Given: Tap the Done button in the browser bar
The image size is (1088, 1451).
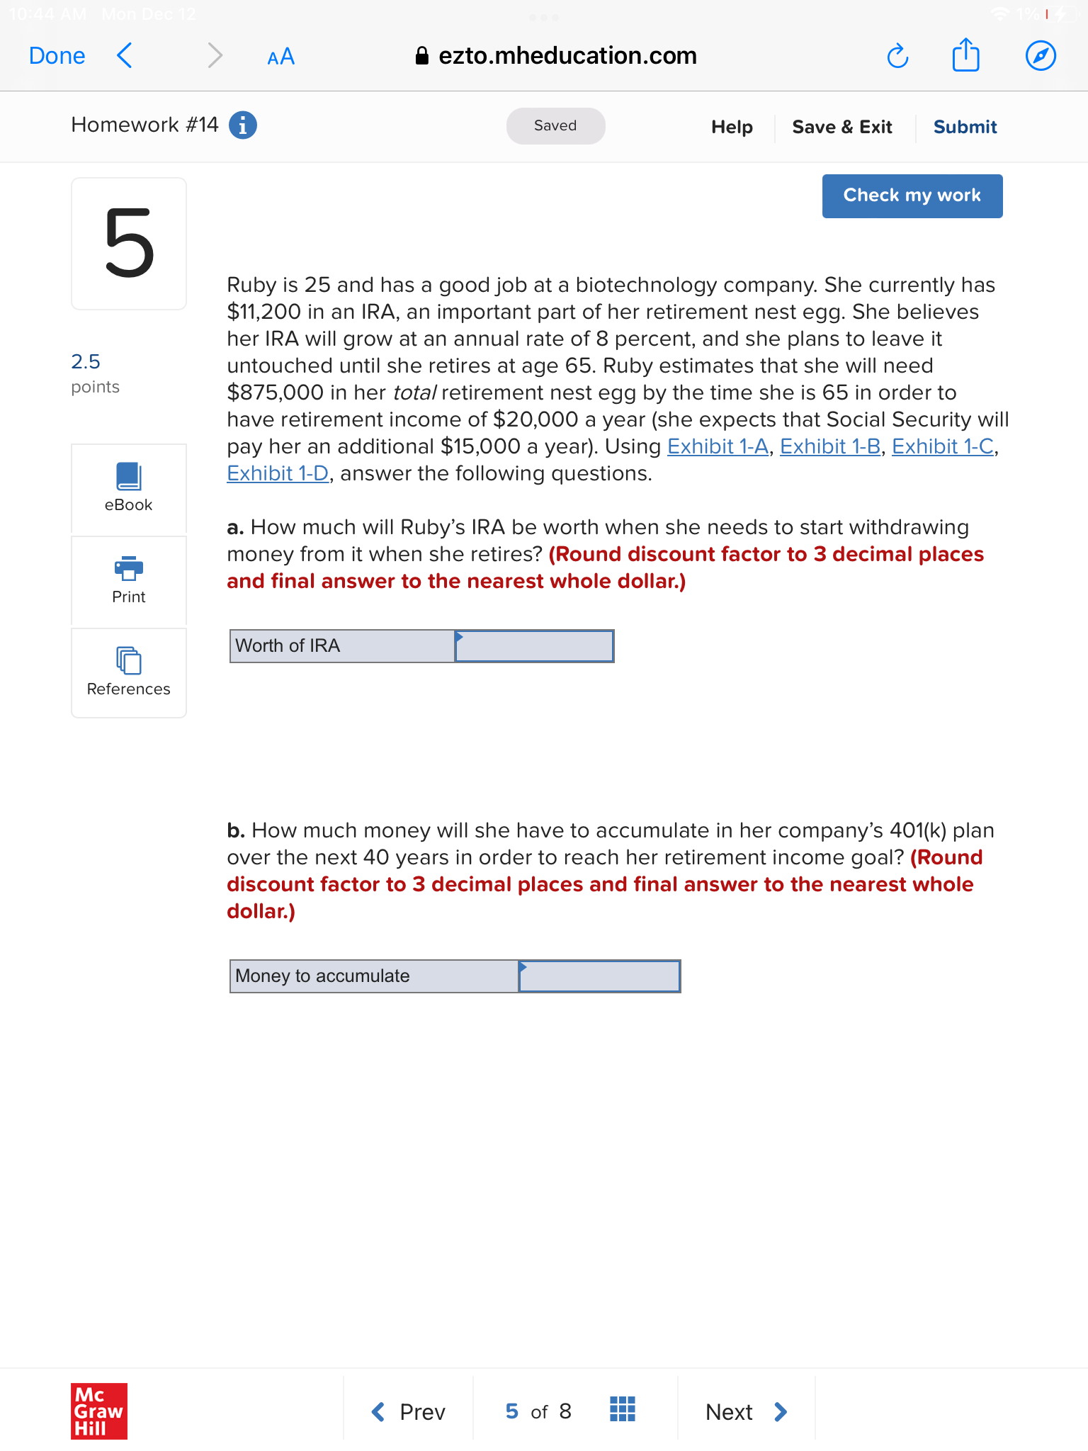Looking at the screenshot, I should [57, 56].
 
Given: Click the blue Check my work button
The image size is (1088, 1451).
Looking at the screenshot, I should [912, 196].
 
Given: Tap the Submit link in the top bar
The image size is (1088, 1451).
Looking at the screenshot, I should [965, 127].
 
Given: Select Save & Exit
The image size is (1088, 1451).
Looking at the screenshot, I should [841, 127].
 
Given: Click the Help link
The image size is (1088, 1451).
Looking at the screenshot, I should [732, 127].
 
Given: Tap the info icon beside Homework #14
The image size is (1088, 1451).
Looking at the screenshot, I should [243, 125].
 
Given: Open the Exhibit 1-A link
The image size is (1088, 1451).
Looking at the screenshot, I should [718, 446].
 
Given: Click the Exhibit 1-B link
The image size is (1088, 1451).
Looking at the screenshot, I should [830, 446].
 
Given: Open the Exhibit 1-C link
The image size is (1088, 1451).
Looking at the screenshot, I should [943, 446].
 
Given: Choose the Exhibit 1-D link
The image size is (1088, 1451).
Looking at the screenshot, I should [278, 473].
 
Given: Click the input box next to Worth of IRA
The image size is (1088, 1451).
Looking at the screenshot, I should [534, 646].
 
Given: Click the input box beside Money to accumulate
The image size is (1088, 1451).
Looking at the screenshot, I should [599, 976].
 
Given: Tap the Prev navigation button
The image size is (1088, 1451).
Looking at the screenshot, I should [409, 1411].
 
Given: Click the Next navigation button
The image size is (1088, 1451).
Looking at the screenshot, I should [746, 1411].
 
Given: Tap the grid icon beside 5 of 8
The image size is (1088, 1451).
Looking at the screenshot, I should [622, 1409].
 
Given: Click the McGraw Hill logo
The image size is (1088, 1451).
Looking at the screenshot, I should [99, 1411].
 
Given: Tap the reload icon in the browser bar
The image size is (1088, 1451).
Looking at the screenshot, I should [897, 56].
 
